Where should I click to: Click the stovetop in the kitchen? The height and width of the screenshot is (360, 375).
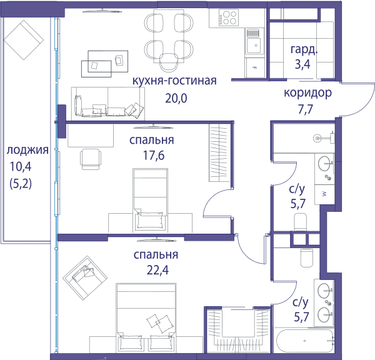tap(228, 17)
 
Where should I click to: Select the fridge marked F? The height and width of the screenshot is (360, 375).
tap(254, 68)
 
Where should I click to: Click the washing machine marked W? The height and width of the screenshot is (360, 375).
tap(324, 194)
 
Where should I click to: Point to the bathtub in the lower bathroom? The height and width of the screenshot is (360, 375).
tap(305, 341)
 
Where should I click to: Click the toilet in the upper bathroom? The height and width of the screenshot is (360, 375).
tap(300, 221)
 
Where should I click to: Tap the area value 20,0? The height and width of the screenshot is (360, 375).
tap(176, 98)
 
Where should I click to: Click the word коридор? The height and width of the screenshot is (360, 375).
tap(307, 93)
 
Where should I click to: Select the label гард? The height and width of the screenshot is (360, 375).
tap(304, 49)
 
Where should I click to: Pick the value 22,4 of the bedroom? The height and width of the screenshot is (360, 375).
tap(157, 270)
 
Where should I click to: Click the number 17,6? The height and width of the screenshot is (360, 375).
tap(154, 156)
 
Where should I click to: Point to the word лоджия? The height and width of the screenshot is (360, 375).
tap(27, 150)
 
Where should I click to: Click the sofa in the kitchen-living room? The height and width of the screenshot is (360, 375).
tap(108, 104)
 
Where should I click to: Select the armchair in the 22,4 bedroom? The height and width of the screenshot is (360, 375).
tap(85, 278)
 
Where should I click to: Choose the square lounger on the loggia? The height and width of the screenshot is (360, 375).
tap(24, 40)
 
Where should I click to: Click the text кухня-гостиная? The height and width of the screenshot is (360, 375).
tap(174, 81)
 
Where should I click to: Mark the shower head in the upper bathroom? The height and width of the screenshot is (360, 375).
tap(317, 138)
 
